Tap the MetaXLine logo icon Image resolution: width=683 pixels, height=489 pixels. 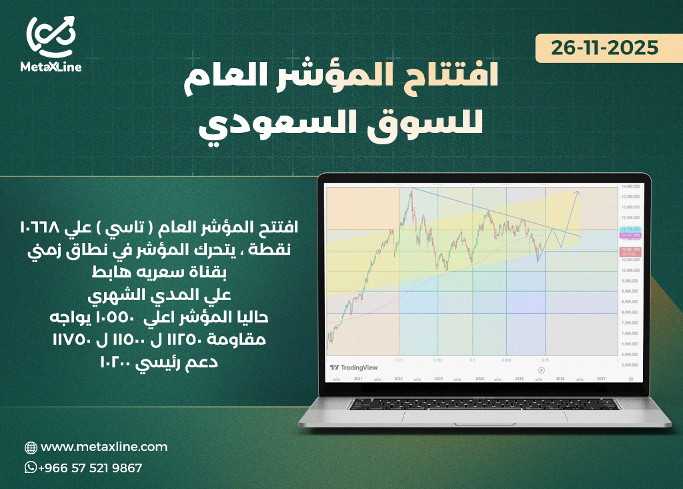pyautogui.click(x=51, y=37)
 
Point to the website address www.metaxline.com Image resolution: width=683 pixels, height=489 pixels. pyautogui.click(x=104, y=447)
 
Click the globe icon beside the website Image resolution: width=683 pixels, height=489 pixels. pyautogui.click(x=31, y=448)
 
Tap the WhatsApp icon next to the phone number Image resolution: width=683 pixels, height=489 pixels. pyautogui.click(x=31, y=468)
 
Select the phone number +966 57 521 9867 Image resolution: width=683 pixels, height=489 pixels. pyautogui.click(x=91, y=468)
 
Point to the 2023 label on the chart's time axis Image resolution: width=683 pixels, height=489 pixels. pyautogui.click(x=439, y=379)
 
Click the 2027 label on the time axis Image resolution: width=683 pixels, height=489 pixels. pyautogui.click(x=602, y=379)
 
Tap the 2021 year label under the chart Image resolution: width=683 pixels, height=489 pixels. pyautogui.click(x=358, y=379)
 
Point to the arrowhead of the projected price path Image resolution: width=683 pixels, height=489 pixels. pyautogui.click(x=578, y=192)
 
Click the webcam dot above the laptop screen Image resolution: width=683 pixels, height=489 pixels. pyautogui.click(x=484, y=178)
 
